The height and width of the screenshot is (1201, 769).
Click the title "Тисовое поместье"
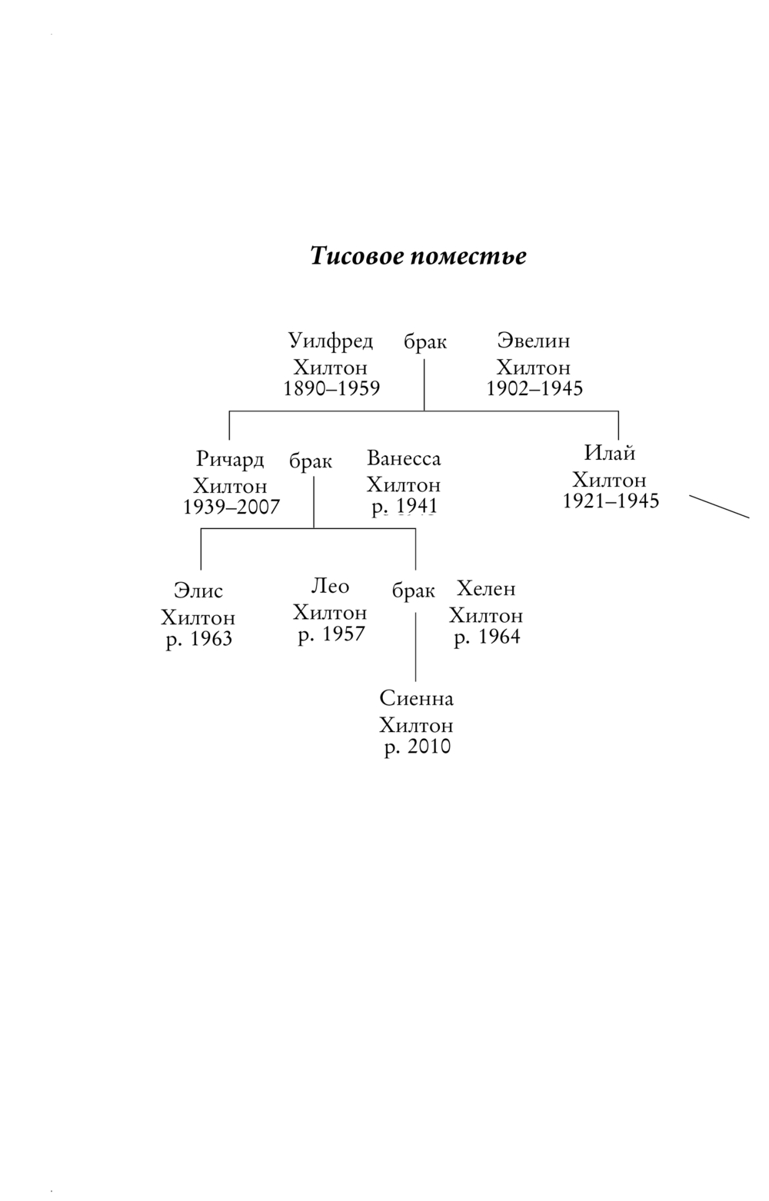point(418,256)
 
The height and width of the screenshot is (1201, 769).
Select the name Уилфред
point(331,341)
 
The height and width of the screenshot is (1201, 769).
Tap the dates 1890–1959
point(331,388)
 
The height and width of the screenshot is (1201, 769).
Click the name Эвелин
point(534,341)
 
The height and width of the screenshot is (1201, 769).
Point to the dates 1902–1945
point(534,388)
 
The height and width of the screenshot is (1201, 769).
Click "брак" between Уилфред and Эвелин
point(425,342)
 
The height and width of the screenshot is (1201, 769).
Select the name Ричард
point(230,460)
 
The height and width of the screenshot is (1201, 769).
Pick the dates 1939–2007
point(231,507)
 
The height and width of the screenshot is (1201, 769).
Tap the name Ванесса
point(404,459)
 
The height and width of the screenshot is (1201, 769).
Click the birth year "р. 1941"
point(404,507)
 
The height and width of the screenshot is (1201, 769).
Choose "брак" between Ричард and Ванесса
point(311,461)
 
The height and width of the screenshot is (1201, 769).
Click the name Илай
point(610,453)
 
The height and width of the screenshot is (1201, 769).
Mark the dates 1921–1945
point(611,501)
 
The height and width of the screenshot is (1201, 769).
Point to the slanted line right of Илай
point(719,507)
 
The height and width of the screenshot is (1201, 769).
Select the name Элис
point(198,591)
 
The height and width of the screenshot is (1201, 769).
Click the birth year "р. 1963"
point(199,639)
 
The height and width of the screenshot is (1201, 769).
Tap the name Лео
point(330,587)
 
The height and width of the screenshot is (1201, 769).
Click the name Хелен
point(486,589)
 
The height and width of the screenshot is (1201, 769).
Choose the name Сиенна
point(417,699)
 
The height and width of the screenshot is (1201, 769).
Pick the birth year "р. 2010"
point(418,747)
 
